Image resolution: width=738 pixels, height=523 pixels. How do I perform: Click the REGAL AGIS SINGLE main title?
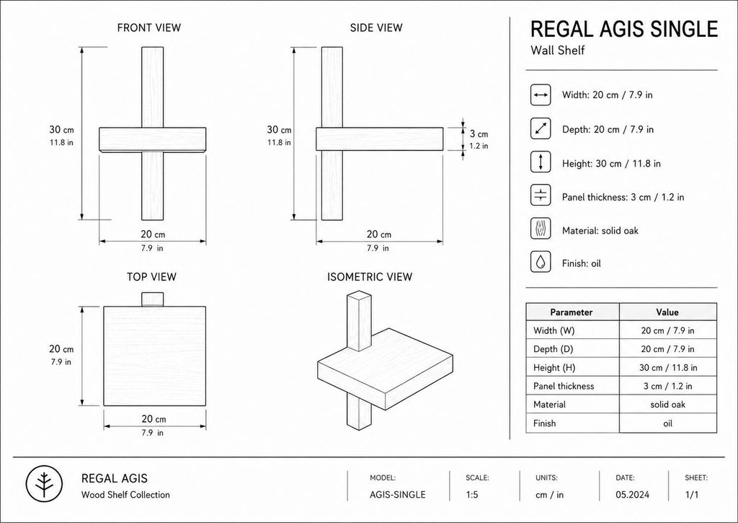click(x=624, y=29)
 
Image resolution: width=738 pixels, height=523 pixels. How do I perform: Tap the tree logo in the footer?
click(x=44, y=484)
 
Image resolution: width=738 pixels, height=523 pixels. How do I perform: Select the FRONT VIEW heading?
click(x=148, y=28)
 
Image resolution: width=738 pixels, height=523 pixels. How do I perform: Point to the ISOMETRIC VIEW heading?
click(x=370, y=276)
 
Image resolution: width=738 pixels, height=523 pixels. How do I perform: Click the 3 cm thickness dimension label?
click(x=479, y=134)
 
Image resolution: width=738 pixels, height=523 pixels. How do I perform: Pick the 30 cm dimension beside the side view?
click(x=279, y=130)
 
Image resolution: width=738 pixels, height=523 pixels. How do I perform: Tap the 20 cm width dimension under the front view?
click(x=153, y=234)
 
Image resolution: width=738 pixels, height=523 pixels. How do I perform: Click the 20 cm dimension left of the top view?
click(x=61, y=349)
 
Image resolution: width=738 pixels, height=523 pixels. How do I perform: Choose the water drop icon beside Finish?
click(x=541, y=261)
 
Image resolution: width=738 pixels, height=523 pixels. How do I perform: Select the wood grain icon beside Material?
click(x=541, y=229)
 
